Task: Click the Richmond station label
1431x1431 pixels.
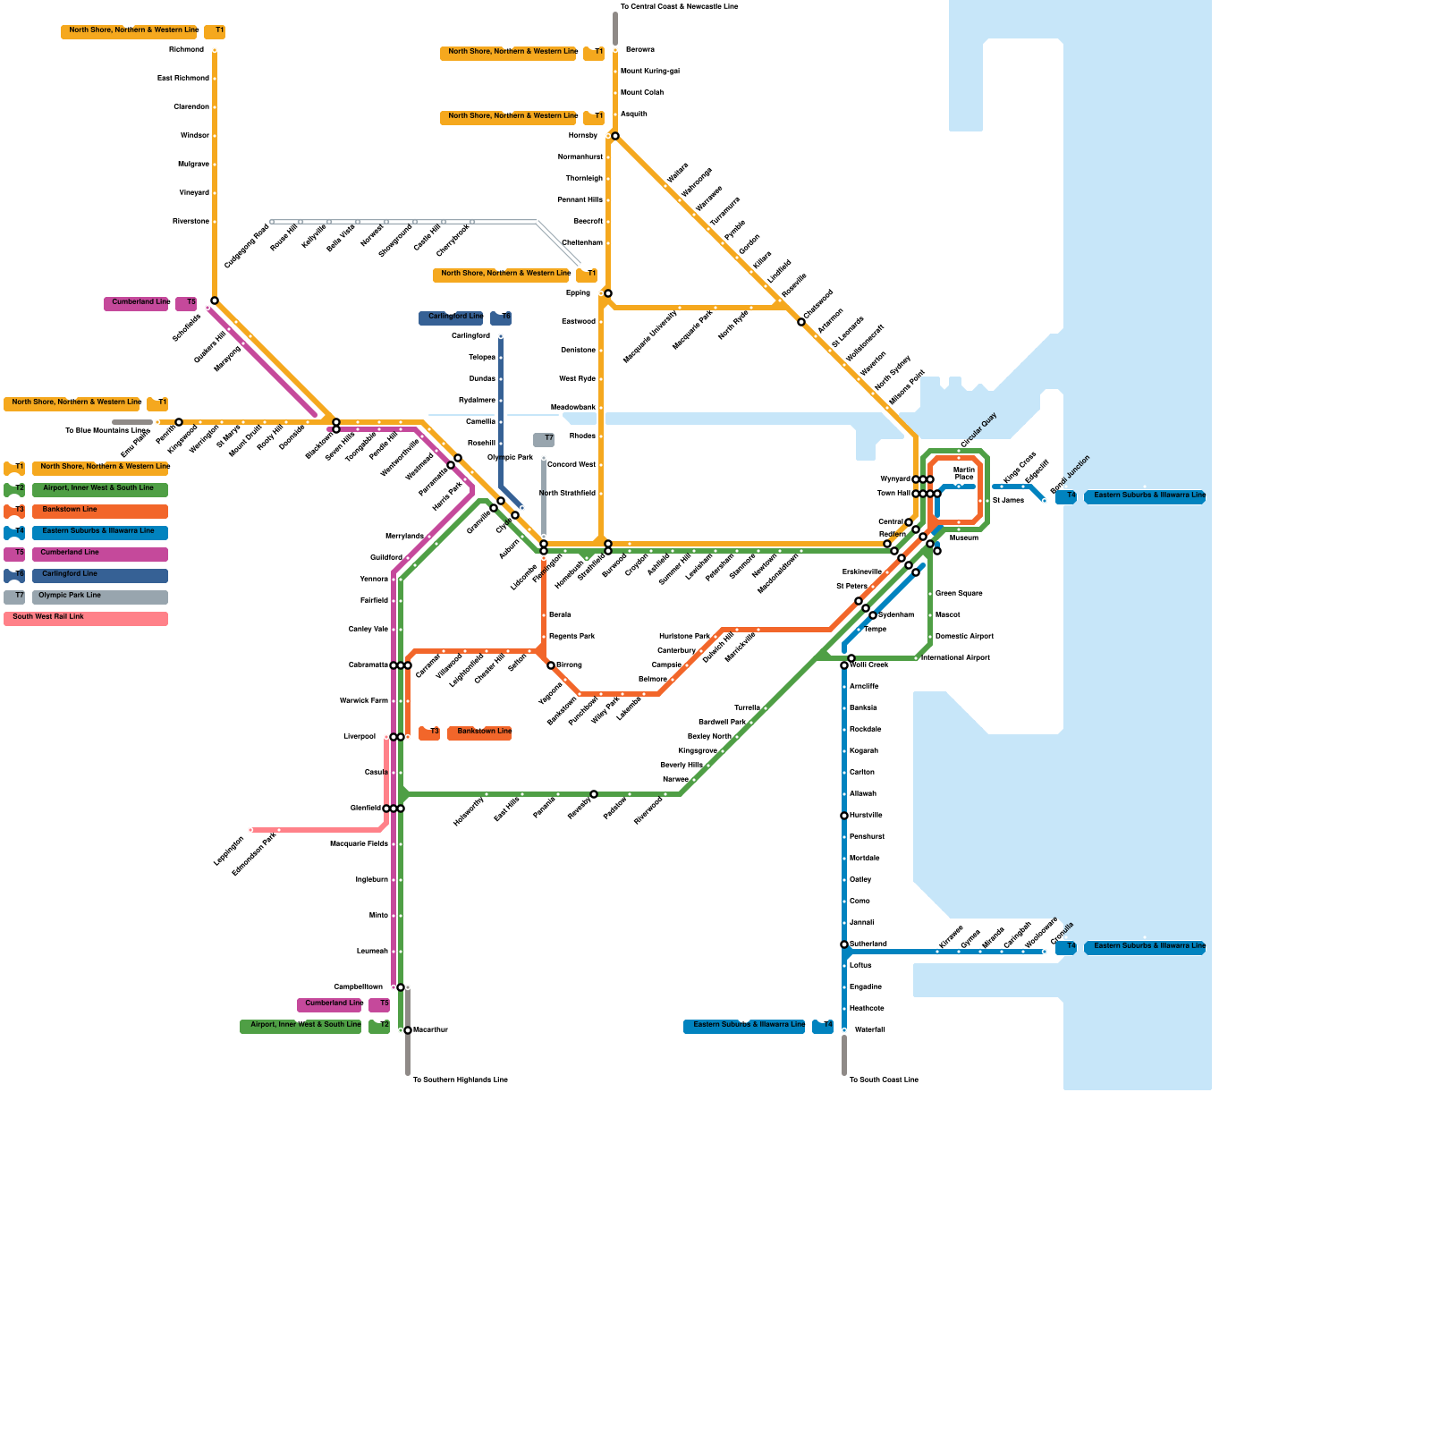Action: click(186, 50)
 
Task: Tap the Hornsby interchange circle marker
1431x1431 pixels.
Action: click(615, 136)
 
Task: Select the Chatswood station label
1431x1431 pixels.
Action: click(818, 305)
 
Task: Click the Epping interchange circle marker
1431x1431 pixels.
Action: click(608, 293)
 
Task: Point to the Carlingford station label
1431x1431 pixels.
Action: click(470, 336)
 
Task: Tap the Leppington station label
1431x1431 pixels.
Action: click(229, 851)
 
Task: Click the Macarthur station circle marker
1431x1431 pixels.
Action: click(408, 1030)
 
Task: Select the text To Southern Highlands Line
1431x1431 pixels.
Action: click(460, 1080)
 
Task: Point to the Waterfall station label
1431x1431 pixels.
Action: click(869, 1030)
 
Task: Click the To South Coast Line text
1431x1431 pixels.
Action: click(884, 1080)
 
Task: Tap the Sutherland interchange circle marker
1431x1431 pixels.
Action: click(844, 944)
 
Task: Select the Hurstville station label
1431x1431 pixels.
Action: click(866, 816)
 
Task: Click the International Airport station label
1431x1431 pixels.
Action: click(955, 658)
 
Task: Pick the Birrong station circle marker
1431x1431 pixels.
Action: click(551, 665)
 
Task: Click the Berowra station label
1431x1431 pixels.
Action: click(639, 50)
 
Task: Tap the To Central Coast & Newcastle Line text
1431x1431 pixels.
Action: click(679, 7)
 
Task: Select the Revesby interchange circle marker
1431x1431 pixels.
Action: click(594, 794)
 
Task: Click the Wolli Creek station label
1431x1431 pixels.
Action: click(868, 665)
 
